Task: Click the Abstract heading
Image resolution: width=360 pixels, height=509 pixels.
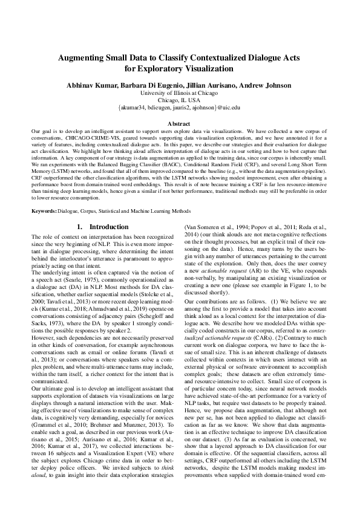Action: (179, 123)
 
